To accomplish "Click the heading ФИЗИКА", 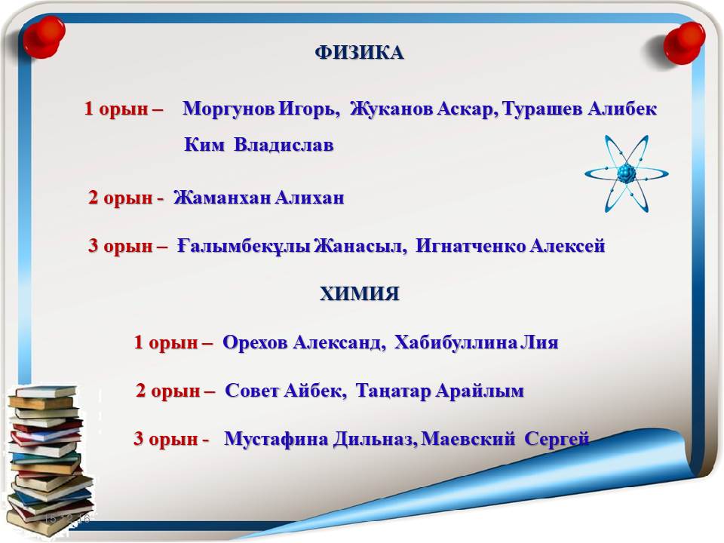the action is tap(359, 52).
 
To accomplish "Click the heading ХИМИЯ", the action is tap(359, 293).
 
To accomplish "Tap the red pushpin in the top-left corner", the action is tap(44, 37).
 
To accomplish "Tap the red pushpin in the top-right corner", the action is tap(684, 43).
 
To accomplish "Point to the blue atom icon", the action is tap(626, 173).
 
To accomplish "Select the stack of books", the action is tap(48, 459).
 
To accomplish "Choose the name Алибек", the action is tap(622, 109).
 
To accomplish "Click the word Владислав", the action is tap(284, 145).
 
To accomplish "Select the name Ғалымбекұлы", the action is tap(244, 246).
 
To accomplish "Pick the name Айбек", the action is tap(315, 391).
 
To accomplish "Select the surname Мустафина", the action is tap(276, 439).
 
